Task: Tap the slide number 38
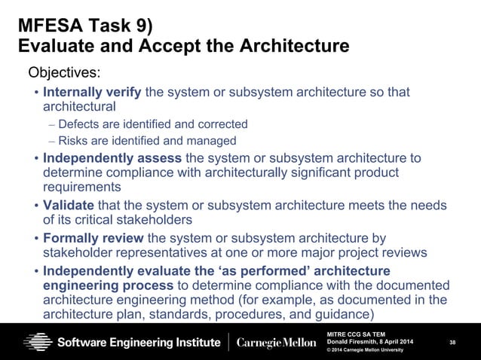tap(452, 343)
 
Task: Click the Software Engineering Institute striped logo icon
tap(37, 342)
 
